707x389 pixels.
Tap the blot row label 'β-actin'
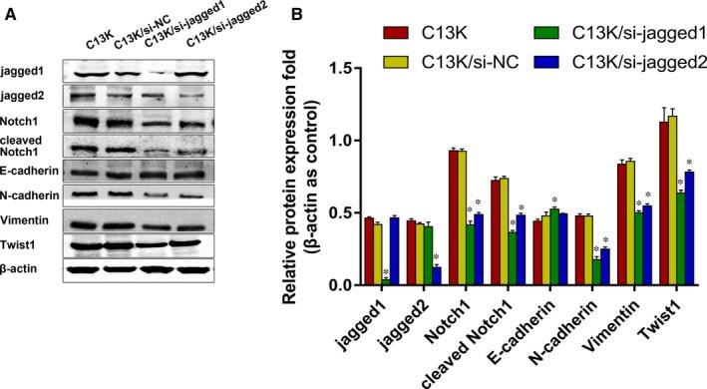click(x=22, y=267)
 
